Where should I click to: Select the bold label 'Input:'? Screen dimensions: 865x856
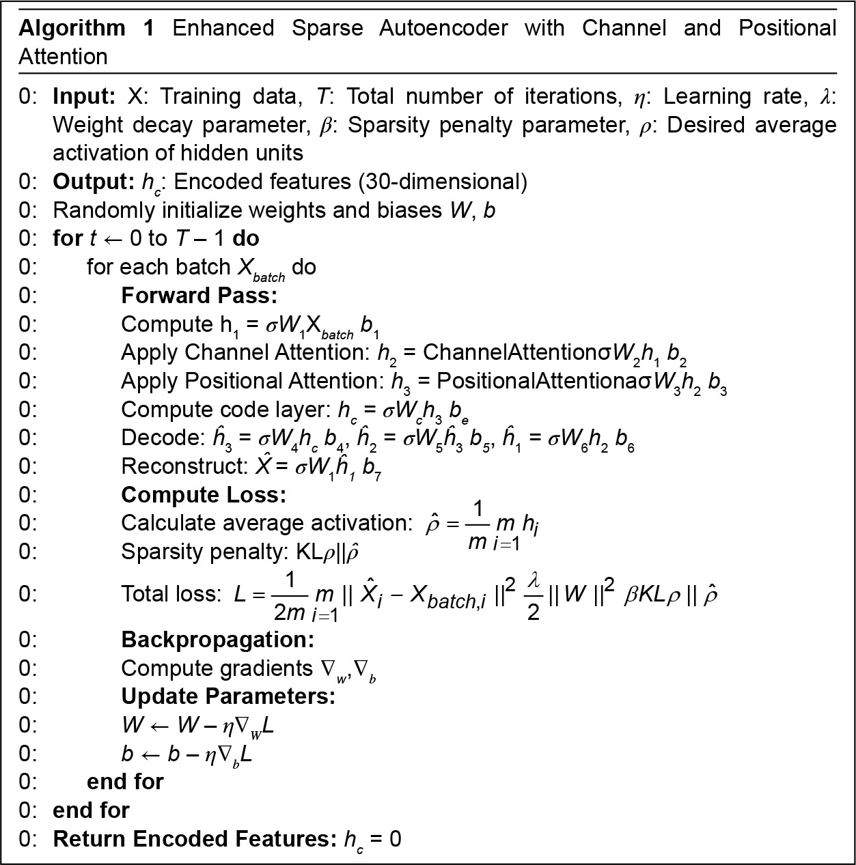tap(84, 96)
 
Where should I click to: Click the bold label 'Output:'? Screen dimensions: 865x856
tap(92, 182)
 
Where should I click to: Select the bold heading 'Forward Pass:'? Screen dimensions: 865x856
tap(199, 296)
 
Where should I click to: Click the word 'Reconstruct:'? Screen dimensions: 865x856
tap(179, 466)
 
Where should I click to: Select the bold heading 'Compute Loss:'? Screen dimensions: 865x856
tap(203, 495)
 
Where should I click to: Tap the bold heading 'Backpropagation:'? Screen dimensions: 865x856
tap(217, 640)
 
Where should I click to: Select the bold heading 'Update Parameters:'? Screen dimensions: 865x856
tap(228, 696)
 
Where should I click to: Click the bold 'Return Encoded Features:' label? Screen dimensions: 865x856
tap(194, 839)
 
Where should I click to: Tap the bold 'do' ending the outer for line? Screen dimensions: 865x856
tap(246, 239)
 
